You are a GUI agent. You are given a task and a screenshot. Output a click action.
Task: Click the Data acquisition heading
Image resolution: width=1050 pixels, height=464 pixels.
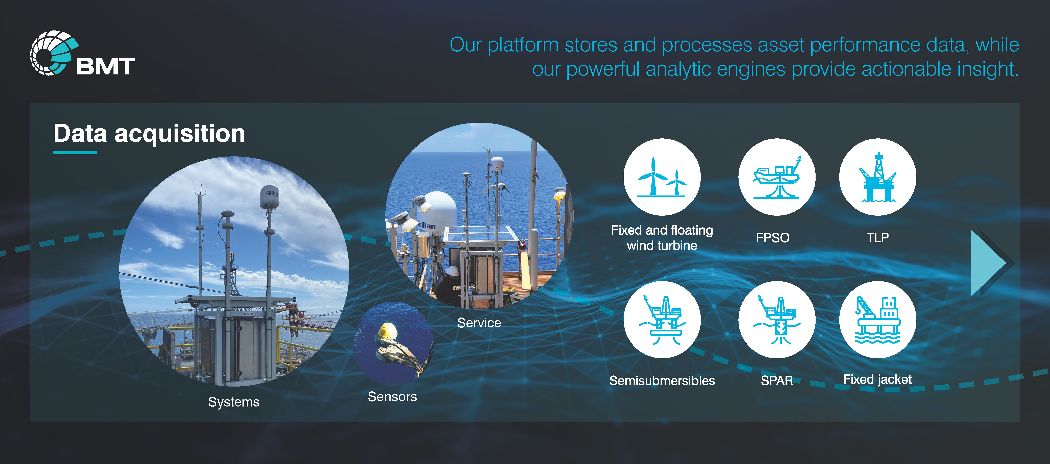[x=149, y=134]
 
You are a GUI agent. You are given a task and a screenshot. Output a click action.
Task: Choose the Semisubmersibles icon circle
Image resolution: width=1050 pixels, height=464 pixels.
[x=662, y=320]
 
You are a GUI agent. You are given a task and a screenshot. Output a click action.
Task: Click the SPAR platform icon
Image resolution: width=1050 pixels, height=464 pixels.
[x=776, y=320]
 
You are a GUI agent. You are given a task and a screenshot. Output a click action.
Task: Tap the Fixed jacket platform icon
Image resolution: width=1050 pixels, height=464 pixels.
[x=878, y=320]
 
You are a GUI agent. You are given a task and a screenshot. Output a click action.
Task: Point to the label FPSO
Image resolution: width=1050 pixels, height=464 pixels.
[x=773, y=237]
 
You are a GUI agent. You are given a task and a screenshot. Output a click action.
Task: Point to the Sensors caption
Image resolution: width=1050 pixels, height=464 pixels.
[x=392, y=397]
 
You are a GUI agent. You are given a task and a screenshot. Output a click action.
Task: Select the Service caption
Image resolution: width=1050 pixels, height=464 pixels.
[x=479, y=323]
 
